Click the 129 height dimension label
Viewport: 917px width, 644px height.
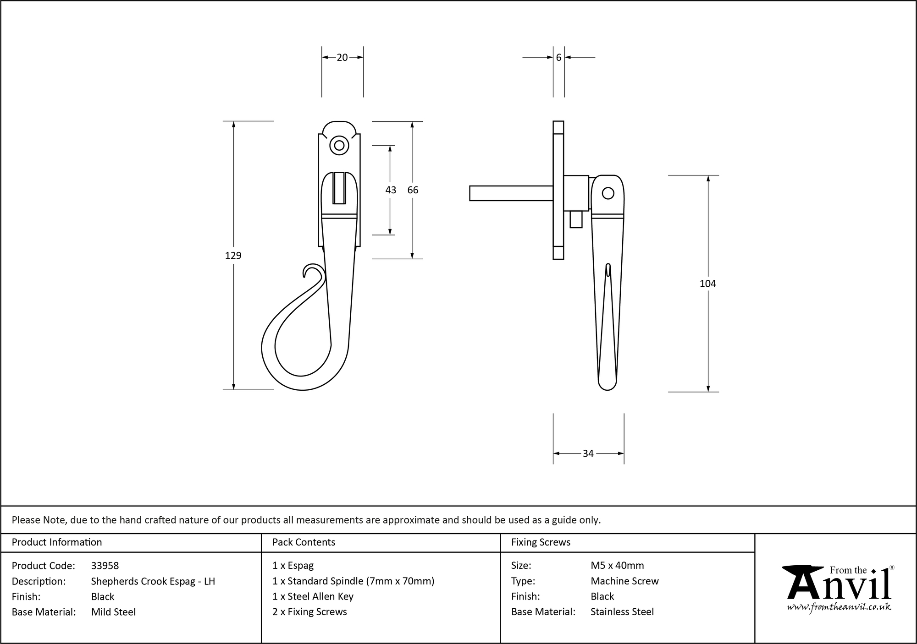[233, 256]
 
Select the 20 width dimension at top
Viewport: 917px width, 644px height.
[342, 57]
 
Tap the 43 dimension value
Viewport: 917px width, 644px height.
[390, 190]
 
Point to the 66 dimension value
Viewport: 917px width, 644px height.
[413, 190]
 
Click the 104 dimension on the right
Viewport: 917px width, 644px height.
[707, 284]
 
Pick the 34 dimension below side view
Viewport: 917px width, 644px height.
[588, 453]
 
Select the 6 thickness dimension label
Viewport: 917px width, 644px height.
[558, 57]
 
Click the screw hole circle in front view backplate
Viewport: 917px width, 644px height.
[339, 146]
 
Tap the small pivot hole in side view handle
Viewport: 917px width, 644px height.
[608, 193]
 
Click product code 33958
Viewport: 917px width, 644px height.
[105, 566]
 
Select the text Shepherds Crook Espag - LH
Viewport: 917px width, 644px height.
[153, 581]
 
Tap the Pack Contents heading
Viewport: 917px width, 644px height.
[304, 542]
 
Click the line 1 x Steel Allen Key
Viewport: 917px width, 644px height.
[313, 596]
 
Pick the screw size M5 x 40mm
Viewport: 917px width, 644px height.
[617, 566]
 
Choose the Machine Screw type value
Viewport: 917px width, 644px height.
[624, 581]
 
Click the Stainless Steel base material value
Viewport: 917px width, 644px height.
[622, 612]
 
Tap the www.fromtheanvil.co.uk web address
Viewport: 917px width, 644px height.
[839, 607]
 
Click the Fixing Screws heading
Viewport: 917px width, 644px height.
[541, 542]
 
